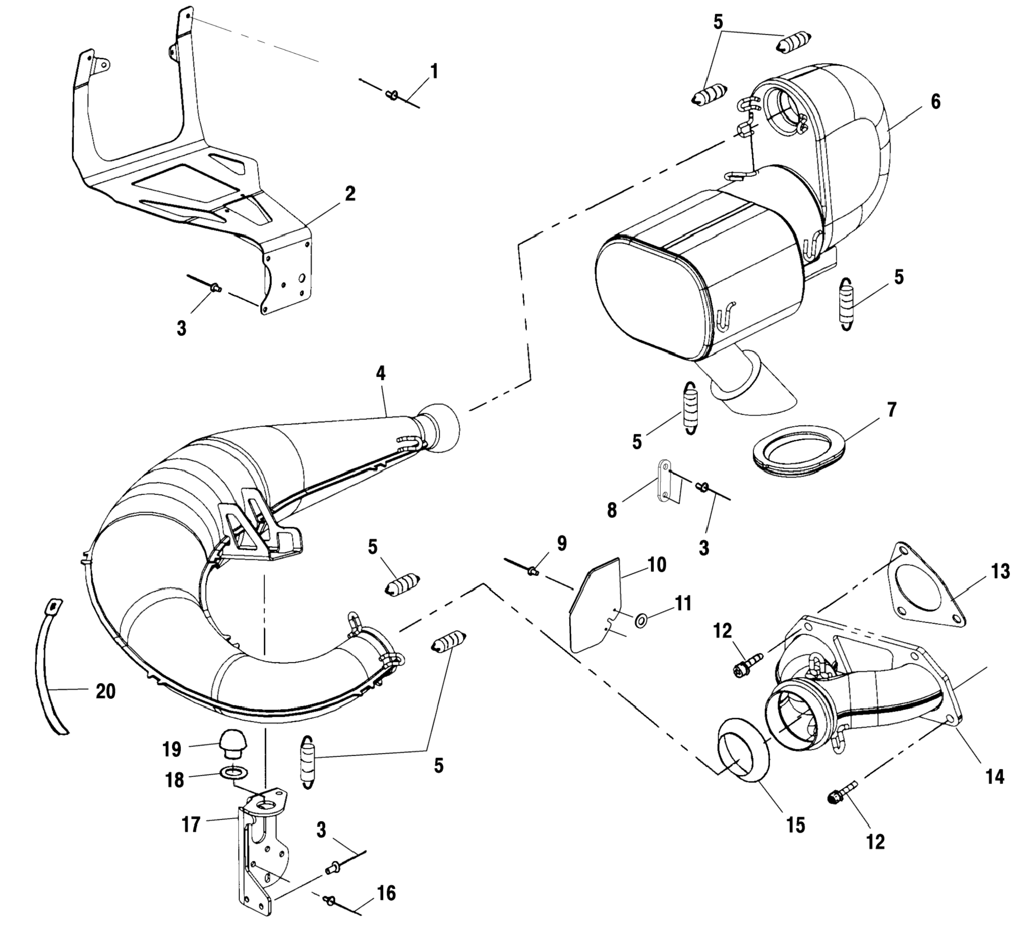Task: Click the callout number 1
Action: (x=434, y=71)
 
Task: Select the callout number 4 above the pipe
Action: (x=381, y=373)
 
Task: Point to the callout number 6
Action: (x=935, y=101)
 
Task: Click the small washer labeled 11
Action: (x=641, y=621)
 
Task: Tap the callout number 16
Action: (x=387, y=893)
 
